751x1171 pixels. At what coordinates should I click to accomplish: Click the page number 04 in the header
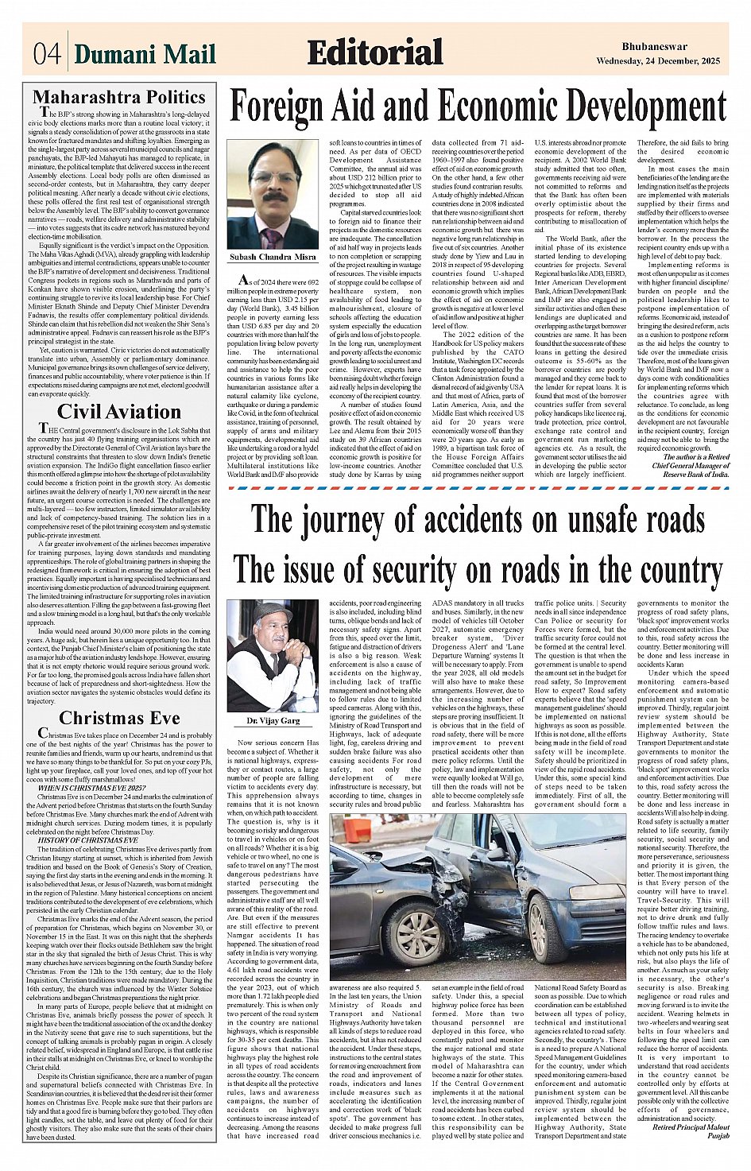click(47, 54)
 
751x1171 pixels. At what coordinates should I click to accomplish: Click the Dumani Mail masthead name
click(145, 54)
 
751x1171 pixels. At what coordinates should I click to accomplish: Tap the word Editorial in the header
click(375, 52)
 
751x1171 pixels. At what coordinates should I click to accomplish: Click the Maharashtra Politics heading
click(119, 98)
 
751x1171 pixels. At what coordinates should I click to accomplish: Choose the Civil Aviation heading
click(119, 412)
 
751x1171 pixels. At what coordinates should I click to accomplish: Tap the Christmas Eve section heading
click(119, 718)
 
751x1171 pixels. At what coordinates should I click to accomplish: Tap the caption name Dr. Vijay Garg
click(273, 721)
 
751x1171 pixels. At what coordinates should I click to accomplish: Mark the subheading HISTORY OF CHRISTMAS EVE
click(88, 839)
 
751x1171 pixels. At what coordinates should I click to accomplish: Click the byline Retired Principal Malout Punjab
click(690, 1131)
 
